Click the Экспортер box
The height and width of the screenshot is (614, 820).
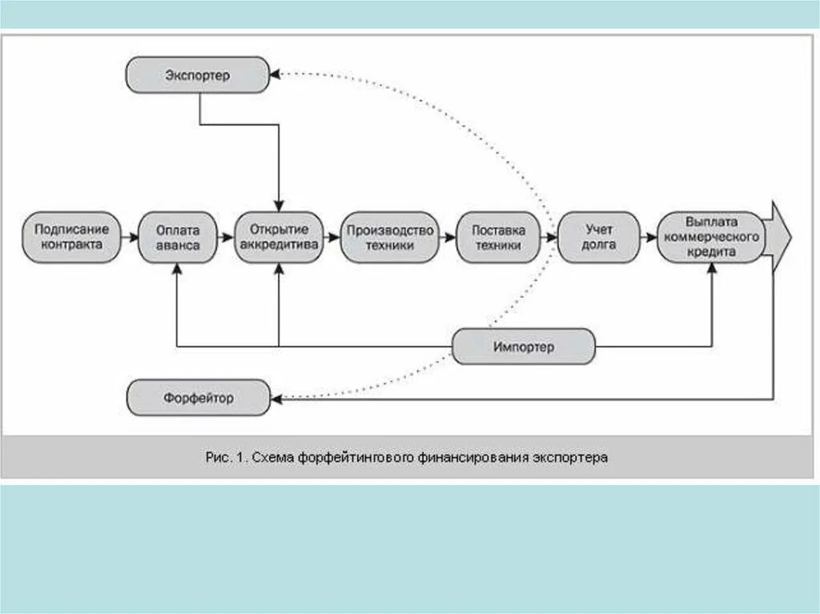point(198,75)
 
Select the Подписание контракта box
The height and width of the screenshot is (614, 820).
point(70,238)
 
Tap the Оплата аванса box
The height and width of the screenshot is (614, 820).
point(178,238)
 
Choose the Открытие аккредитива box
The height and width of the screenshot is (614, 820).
point(279,238)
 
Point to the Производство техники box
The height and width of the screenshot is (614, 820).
point(390,238)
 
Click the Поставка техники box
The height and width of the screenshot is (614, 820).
point(498,238)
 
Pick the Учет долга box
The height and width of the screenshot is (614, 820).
point(598,238)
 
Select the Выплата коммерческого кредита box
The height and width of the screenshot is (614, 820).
point(710,238)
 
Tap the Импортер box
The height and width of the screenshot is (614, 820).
point(524,347)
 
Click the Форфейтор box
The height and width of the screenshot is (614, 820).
point(198,398)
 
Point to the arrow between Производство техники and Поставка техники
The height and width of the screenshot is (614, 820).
point(448,238)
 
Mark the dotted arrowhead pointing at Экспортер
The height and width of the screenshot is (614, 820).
point(275,74)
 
